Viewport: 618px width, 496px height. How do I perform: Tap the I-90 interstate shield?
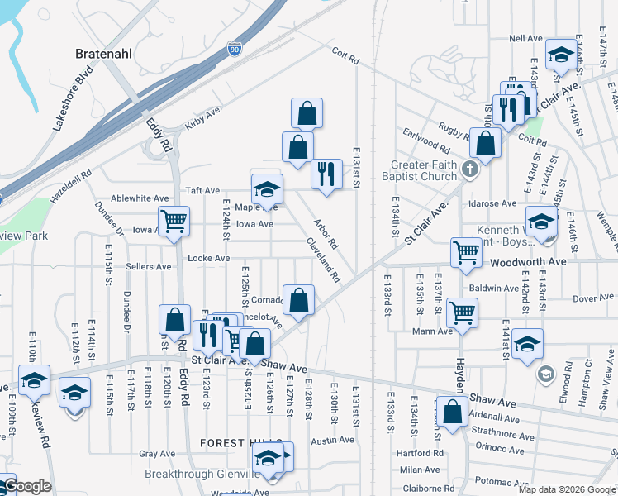coord(235,50)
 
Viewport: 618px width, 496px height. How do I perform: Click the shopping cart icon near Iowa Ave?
coord(174,221)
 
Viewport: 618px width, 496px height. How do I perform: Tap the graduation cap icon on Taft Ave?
coord(267,189)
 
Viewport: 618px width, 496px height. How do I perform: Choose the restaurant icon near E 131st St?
coord(326,172)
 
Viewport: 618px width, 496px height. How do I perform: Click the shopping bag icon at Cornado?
coord(299,298)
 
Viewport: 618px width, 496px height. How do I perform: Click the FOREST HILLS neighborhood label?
coord(241,444)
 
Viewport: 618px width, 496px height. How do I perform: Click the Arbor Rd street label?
coord(326,233)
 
